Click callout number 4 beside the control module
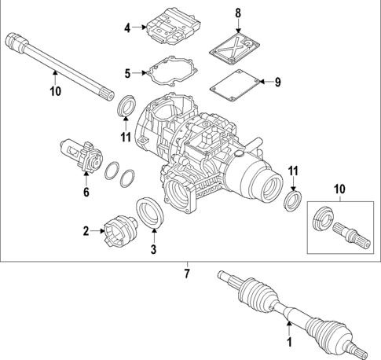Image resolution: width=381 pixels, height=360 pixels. [127, 29]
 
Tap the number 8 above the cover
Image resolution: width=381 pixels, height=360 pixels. [239, 13]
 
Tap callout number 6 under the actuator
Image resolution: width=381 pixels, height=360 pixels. [86, 191]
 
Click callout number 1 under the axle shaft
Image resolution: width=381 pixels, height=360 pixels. [288, 343]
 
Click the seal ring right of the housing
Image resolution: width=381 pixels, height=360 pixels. [292, 201]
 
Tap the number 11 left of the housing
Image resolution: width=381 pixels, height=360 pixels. [125, 138]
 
